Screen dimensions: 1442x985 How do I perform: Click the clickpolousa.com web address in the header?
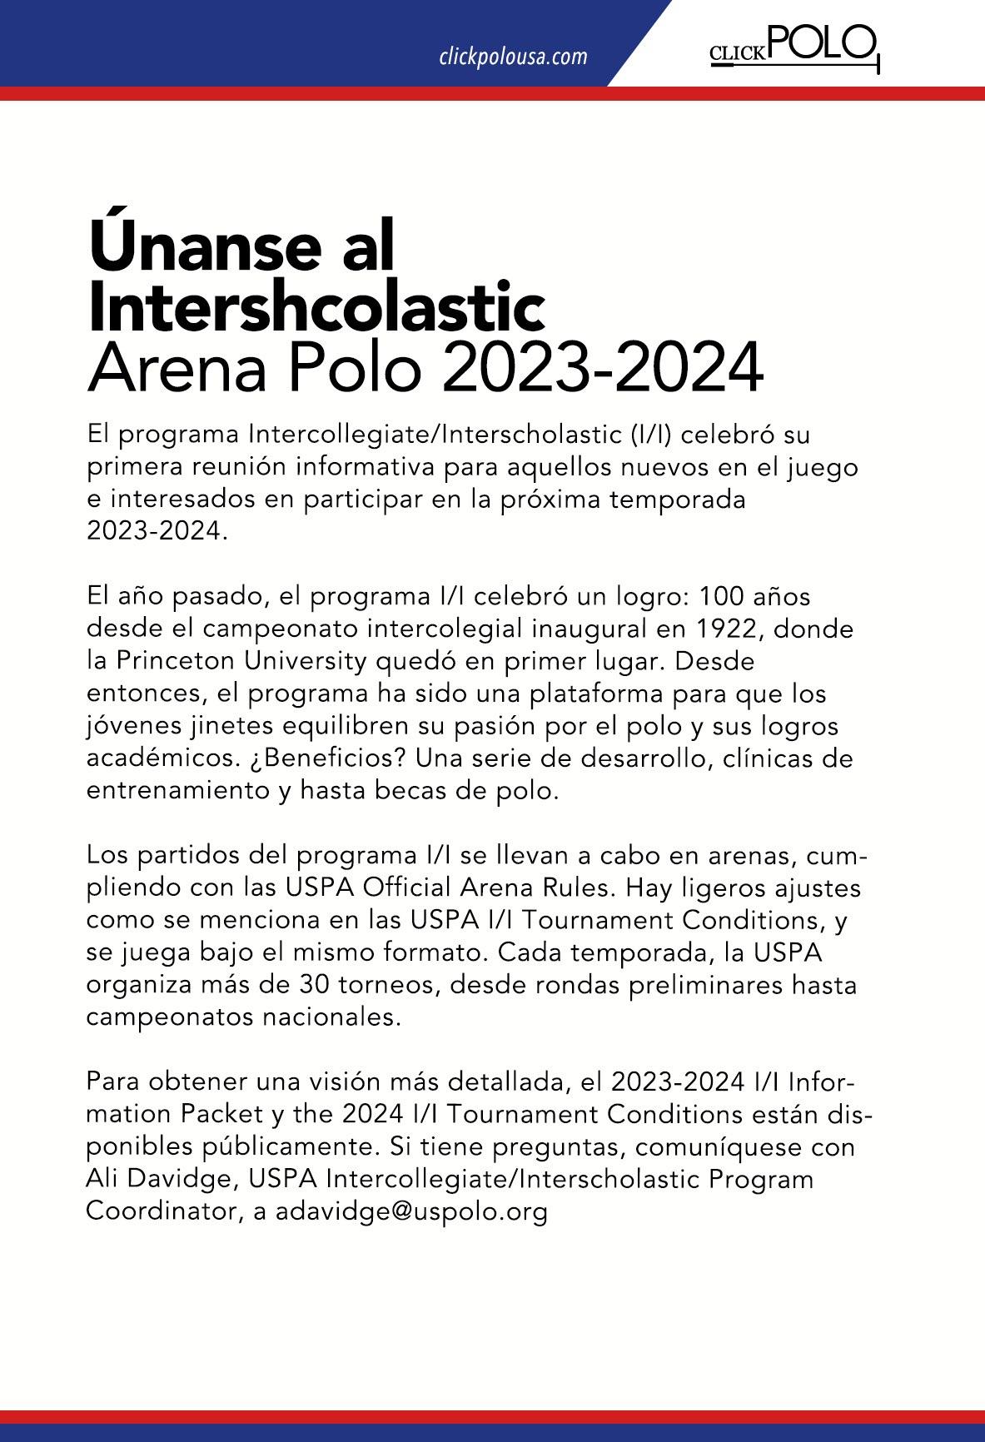pos(513,57)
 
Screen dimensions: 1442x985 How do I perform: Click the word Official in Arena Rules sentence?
pos(407,888)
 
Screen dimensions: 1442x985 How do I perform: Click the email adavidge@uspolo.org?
pos(411,1212)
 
